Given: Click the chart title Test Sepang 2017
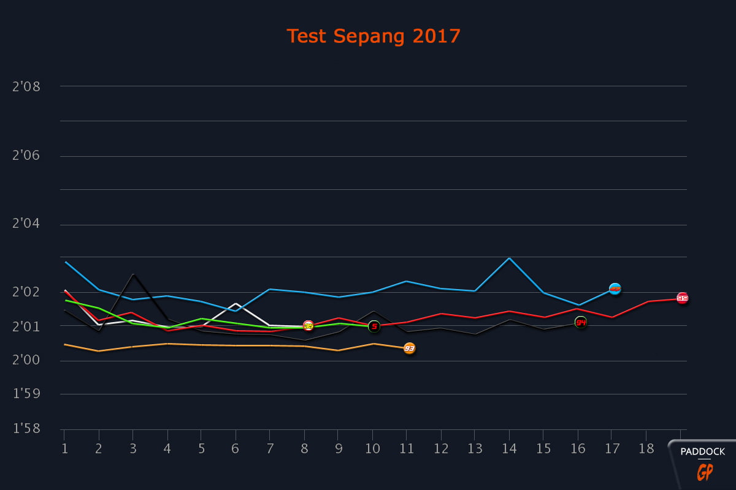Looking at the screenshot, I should [x=374, y=36].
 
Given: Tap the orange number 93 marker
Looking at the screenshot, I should [x=409, y=349].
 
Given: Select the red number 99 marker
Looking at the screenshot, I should [x=682, y=298].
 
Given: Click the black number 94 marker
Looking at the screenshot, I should [x=580, y=322].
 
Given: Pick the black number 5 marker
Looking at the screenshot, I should [x=374, y=326].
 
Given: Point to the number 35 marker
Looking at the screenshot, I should [x=308, y=326].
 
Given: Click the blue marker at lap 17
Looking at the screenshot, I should [x=615, y=288].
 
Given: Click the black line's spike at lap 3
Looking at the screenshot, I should [x=133, y=274].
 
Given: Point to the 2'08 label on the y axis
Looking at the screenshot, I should [x=26, y=86].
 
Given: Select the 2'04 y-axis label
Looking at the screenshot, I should [x=26, y=224].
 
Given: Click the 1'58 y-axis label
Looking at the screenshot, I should [x=26, y=428].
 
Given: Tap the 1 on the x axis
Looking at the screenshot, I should [x=64, y=448].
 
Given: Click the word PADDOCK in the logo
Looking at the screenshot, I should [x=703, y=452].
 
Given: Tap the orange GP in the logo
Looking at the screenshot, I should [x=703, y=472].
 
